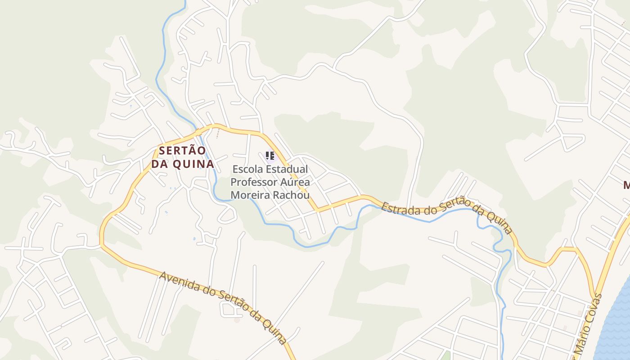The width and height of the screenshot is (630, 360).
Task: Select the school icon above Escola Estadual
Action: pos(270,156)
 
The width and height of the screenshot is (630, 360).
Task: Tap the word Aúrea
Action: pos(295,182)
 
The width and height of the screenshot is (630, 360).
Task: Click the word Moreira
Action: pos(250,195)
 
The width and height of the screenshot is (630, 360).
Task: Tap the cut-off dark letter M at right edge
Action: pos(626,184)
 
